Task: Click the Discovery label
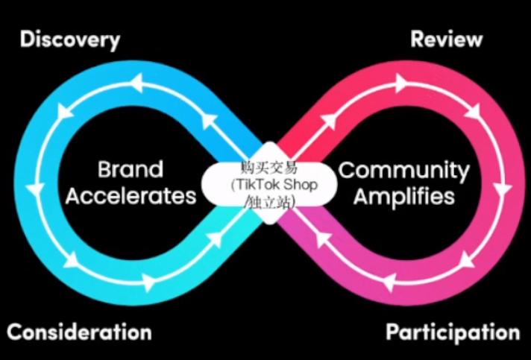pyautogui.click(x=70, y=40)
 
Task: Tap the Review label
pyautogui.click(x=447, y=39)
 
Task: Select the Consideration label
pyautogui.click(x=79, y=332)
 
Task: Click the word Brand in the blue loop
pyautogui.click(x=130, y=170)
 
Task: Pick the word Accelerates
pyautogui.click(x=131, y=197)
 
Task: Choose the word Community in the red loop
pyautogui.click(x=404, y=170)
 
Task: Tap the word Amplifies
pyautogui.click(x=403, y=197)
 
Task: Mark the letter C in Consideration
pyautogui.click(x=14, y=332)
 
